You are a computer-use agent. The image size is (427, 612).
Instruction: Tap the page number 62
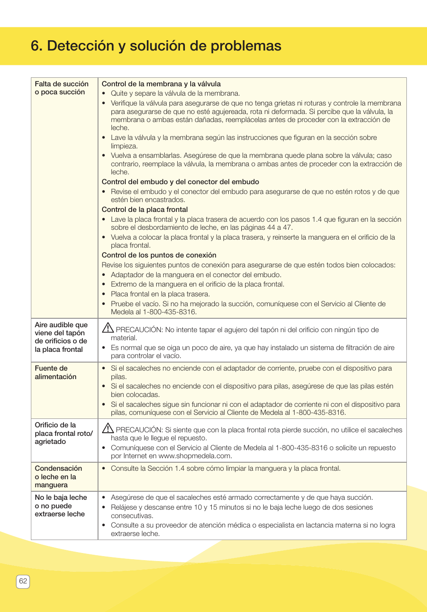click(x=23, y=581)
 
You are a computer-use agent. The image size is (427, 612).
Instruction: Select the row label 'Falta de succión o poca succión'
click(x=62, y=88)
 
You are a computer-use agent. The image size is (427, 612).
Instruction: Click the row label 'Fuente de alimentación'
click(x=56, y=372)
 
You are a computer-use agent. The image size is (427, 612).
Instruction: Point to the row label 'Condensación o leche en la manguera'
click(x=58, y=477)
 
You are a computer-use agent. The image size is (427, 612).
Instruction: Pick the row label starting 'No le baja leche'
click(x=61, y=506)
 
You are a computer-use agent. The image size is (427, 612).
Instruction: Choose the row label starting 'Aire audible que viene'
click(x=61, y=337)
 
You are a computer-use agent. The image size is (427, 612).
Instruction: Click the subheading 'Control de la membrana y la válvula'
click(x=161, y=84)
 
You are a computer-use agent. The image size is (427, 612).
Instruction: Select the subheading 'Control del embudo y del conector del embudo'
click(x=180, y=182)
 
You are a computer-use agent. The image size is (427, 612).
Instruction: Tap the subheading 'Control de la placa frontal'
click(x=145, y=210)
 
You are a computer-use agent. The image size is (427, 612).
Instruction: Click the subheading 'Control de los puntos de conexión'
click(x=159, y=255)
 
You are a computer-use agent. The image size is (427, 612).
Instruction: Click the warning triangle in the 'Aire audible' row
click(x=107, y=328)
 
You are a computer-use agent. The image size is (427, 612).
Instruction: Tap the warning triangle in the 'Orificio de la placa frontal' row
click(x=107, y=428)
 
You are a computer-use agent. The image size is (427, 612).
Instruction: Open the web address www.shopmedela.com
click(x=195, y=456)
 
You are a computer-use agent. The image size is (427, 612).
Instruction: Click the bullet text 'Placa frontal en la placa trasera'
click(x=160, y=294)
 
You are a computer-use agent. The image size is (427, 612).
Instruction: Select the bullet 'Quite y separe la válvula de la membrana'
click(x=175, y=93)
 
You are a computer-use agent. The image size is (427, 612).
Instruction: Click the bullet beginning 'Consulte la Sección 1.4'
click(x=226, y=468)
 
